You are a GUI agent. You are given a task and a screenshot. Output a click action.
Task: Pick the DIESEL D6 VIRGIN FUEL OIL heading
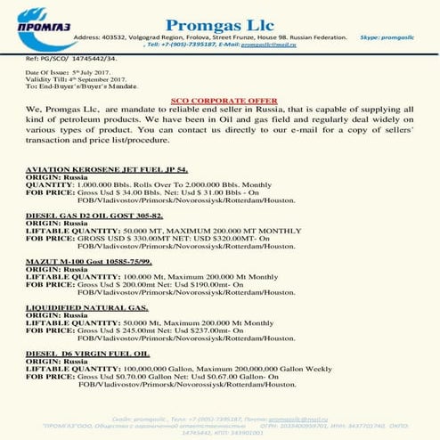click(x=86, y=354)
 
